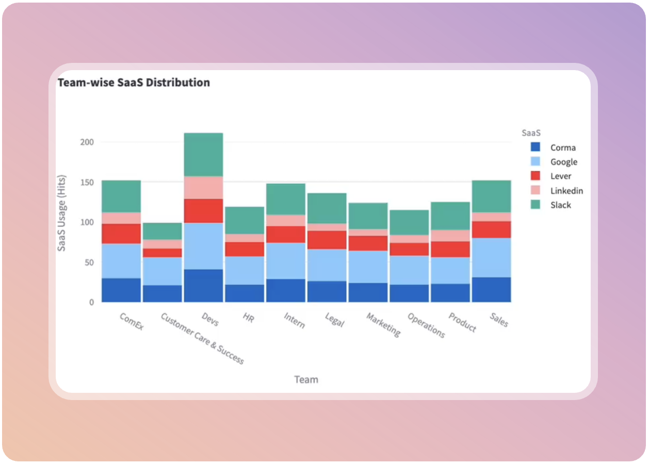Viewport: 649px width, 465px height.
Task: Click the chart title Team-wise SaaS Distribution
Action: tap(134, 82)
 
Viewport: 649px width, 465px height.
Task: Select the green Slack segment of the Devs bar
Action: tap(203, 155)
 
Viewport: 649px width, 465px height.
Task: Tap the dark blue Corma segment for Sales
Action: tap(491, 290)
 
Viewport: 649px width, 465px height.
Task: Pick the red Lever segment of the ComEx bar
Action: tap(121, 234)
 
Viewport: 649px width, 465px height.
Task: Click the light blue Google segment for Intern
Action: tap(286, 261)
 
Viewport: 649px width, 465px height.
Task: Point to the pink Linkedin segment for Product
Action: tap(450, 236)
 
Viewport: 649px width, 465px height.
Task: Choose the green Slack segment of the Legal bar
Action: tap(327, 208)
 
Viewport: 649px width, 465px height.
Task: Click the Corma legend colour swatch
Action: tap(535, 147)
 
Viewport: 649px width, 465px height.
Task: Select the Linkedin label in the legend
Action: tap(566, 191)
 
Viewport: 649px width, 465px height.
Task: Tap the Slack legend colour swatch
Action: tap(535, 205)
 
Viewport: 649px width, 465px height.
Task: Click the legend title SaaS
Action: tap(531, 133)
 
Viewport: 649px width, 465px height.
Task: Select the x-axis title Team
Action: tap(306, 379)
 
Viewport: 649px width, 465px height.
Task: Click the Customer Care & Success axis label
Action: tap(202, 338)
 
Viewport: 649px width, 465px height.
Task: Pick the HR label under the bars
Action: tap(248, 318)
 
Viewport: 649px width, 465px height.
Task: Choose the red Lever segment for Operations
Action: tap(409, 250)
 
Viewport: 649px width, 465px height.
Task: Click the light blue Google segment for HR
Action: tap(245, 271)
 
